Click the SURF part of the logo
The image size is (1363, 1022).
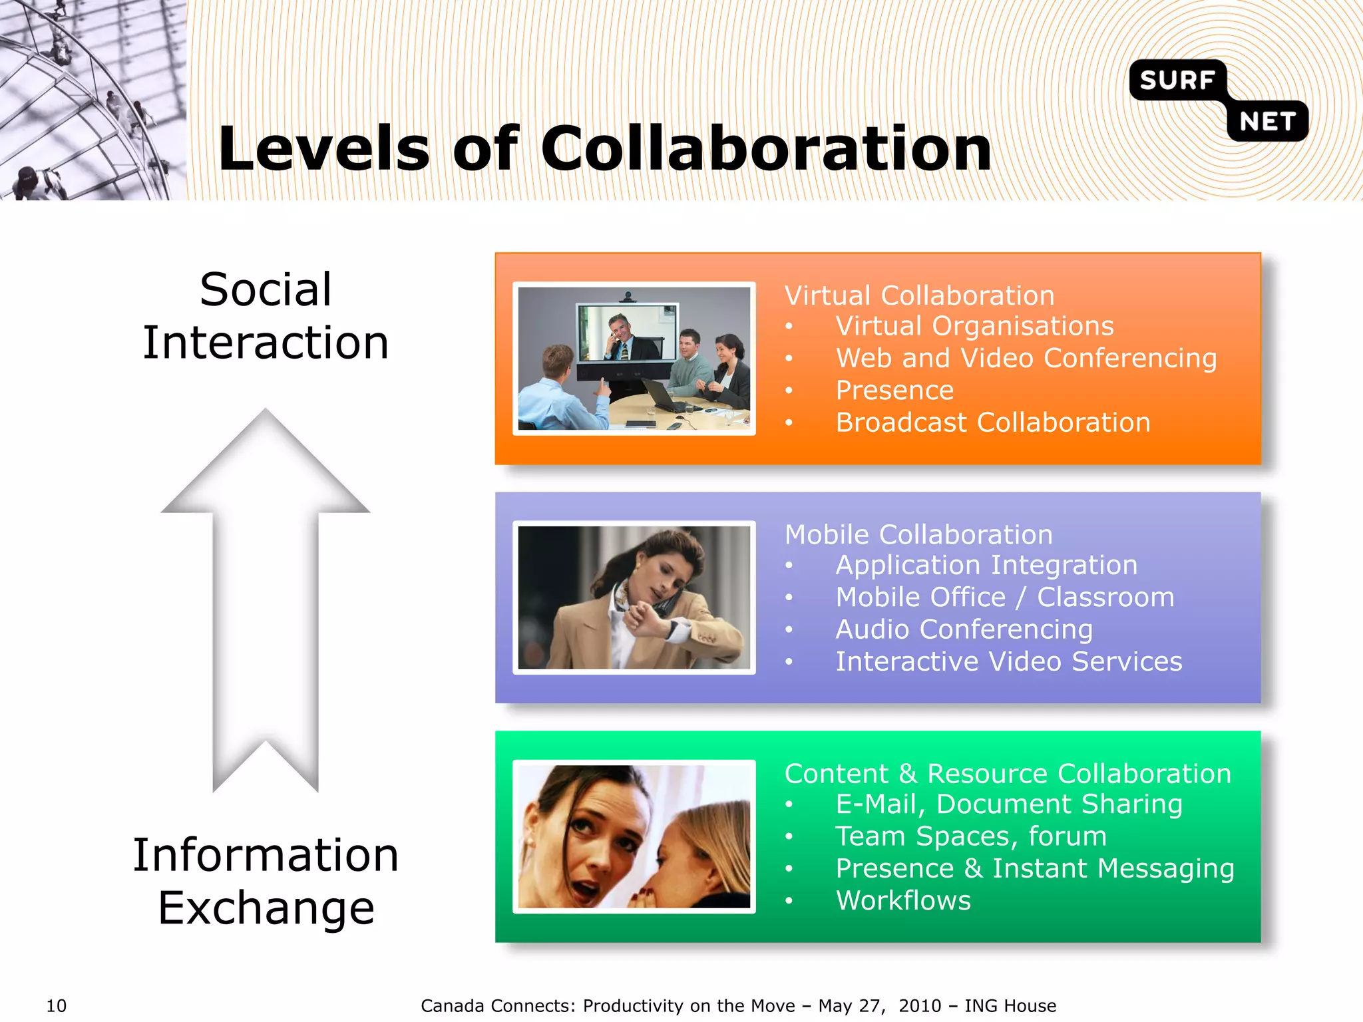coord(1177,80)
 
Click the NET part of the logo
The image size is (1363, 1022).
coord(1267,122)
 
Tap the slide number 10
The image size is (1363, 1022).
coord(56,1005)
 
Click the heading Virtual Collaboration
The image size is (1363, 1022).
coord(919,295)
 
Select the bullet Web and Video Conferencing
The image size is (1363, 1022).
coord(1026,358)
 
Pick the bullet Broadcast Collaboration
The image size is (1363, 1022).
coord(992,423)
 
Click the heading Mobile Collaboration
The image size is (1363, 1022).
coord(918,534)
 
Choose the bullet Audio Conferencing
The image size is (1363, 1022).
coord(964,629)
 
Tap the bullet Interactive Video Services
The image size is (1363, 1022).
coord(1008,661)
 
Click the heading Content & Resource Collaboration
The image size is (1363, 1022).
coord(1007,773)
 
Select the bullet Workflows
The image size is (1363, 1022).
coord(903,900)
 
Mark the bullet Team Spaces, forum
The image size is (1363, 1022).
coord(970,836)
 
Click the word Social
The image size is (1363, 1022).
coord(265,290)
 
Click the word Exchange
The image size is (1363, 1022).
coord(266,908)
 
